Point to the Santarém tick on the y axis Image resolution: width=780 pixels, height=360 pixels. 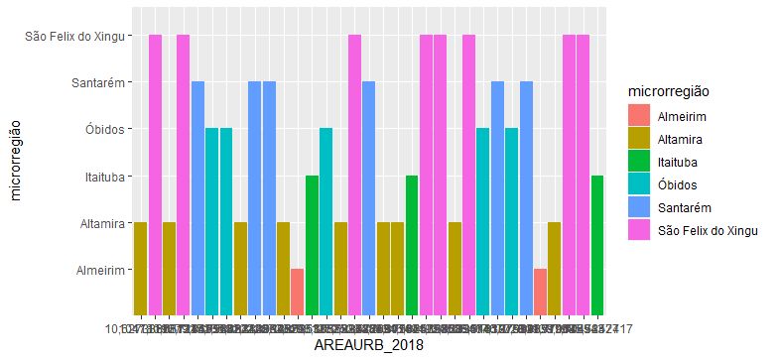pos(96,82)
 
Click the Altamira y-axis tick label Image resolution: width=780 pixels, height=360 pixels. pos(100,224)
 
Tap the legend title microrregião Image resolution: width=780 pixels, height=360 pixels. pos(679,91)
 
